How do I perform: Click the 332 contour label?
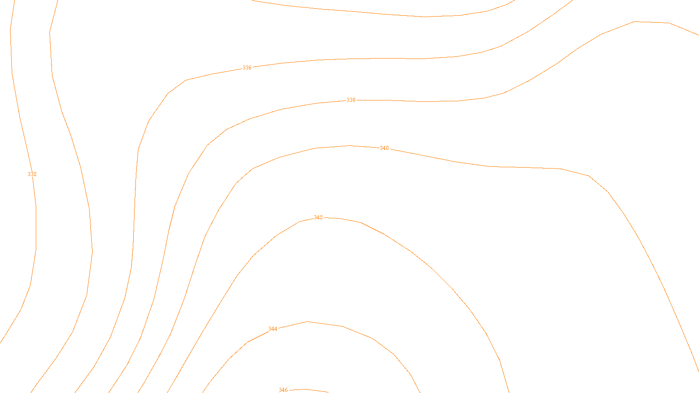click(32, 174)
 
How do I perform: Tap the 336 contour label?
click(247, 68)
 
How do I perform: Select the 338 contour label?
click(351, 100)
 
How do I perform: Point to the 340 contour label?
click(384, 148)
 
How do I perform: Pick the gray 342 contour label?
click(318, 217)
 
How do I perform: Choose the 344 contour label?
click(273, 329)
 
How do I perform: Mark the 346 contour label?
click(283, 390)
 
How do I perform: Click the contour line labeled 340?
click(489, 166)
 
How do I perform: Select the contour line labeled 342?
click(411, 252)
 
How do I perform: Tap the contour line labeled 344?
click(374, 339)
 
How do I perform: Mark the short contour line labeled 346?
click(315, 390)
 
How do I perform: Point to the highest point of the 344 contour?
click(308, 322)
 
